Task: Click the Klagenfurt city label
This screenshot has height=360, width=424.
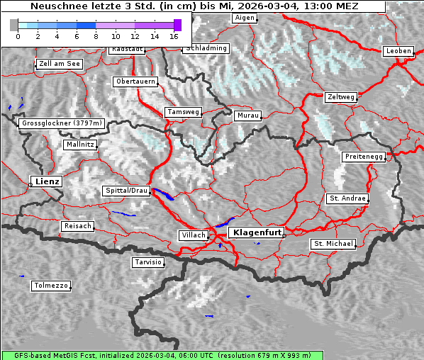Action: (x=258, y=232)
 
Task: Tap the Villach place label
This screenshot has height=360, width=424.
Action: (x=193, y=235)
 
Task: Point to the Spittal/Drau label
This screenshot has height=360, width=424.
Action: (x=126, y=191)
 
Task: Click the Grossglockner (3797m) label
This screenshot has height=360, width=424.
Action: (x=62, y=123)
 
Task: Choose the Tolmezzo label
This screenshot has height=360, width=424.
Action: (x=50, y=286)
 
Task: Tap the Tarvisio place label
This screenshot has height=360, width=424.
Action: (x=148, y=262)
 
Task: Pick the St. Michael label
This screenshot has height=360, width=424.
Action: (x=333, y=244)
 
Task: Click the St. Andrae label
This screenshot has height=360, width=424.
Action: (x=347, y=198)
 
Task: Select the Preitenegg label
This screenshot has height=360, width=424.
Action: (x=364, y=157)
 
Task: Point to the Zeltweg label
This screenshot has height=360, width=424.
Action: (x=341, y=96)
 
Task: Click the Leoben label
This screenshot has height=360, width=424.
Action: (x=398, y=51)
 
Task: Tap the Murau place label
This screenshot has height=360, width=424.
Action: (x=248, y=115)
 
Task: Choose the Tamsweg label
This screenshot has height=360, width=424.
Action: (x=184, y=112)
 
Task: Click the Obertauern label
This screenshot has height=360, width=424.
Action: (x=135, y=81)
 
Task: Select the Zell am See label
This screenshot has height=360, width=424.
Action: (x=60, y=64)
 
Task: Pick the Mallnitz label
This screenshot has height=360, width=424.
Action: (x=79, y=144)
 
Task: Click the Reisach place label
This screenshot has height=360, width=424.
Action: (x=77, y=226)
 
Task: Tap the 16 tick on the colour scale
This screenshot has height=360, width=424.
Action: (x=174, y=35)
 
